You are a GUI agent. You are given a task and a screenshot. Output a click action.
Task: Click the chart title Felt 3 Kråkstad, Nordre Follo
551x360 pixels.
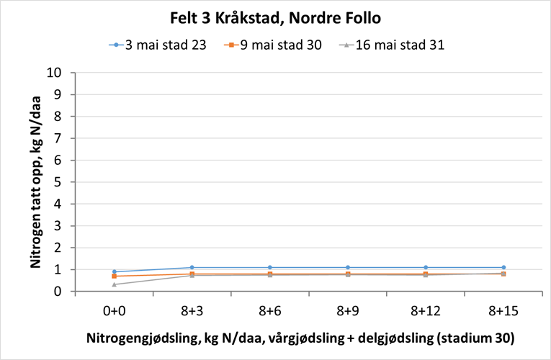pyautogui.click(x=276, y=17)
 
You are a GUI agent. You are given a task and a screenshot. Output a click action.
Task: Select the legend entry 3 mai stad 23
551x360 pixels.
pyautogui.click(x=166, y=45)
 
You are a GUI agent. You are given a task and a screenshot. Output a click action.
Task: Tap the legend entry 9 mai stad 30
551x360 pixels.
pyautogui.click(x=282, y=45)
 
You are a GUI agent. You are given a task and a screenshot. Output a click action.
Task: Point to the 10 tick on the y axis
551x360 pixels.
pyautogui.click(x=58, y=73)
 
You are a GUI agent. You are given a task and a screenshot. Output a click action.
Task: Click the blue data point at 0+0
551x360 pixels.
pyautogui.click(x=114, y=272)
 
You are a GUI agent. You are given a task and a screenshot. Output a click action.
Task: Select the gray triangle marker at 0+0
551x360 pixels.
pyautogui.click(x=114, y=284)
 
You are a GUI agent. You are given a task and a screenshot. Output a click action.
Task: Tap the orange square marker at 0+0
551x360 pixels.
pyautogui.click(x=114, y=276)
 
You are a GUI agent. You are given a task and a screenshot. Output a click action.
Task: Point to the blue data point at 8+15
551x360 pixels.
pyautogui.click(x=503, y=268)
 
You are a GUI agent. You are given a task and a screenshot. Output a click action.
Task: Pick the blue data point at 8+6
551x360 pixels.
pyautogui.click(x=269, y=268)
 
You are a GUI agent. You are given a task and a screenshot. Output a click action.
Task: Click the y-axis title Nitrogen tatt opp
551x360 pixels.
pyautogui.click(x=35, y=182)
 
